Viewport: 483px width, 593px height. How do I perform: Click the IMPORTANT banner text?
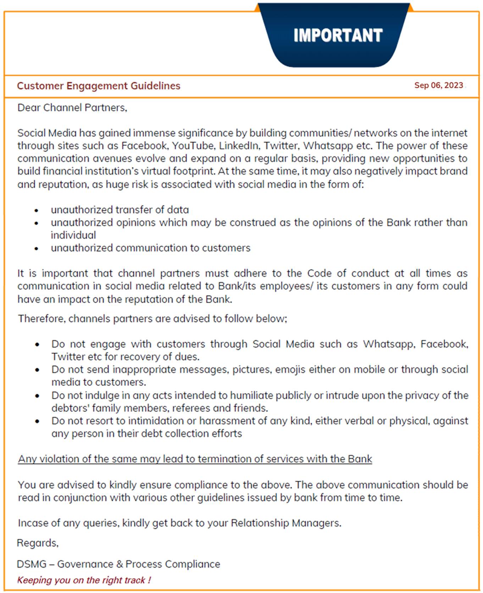338,35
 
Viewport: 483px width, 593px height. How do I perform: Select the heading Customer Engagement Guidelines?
99,86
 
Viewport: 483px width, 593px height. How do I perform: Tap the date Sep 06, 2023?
439,85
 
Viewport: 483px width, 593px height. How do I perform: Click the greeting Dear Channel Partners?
72,108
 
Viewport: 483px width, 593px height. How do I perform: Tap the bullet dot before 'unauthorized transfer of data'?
36,210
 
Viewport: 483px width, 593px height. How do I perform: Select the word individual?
73,235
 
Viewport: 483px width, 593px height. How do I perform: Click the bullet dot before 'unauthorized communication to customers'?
36,249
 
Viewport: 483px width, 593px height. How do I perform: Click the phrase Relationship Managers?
285,523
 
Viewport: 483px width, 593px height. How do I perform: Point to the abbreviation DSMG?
31,564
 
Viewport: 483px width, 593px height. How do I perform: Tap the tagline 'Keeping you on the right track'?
84,580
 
